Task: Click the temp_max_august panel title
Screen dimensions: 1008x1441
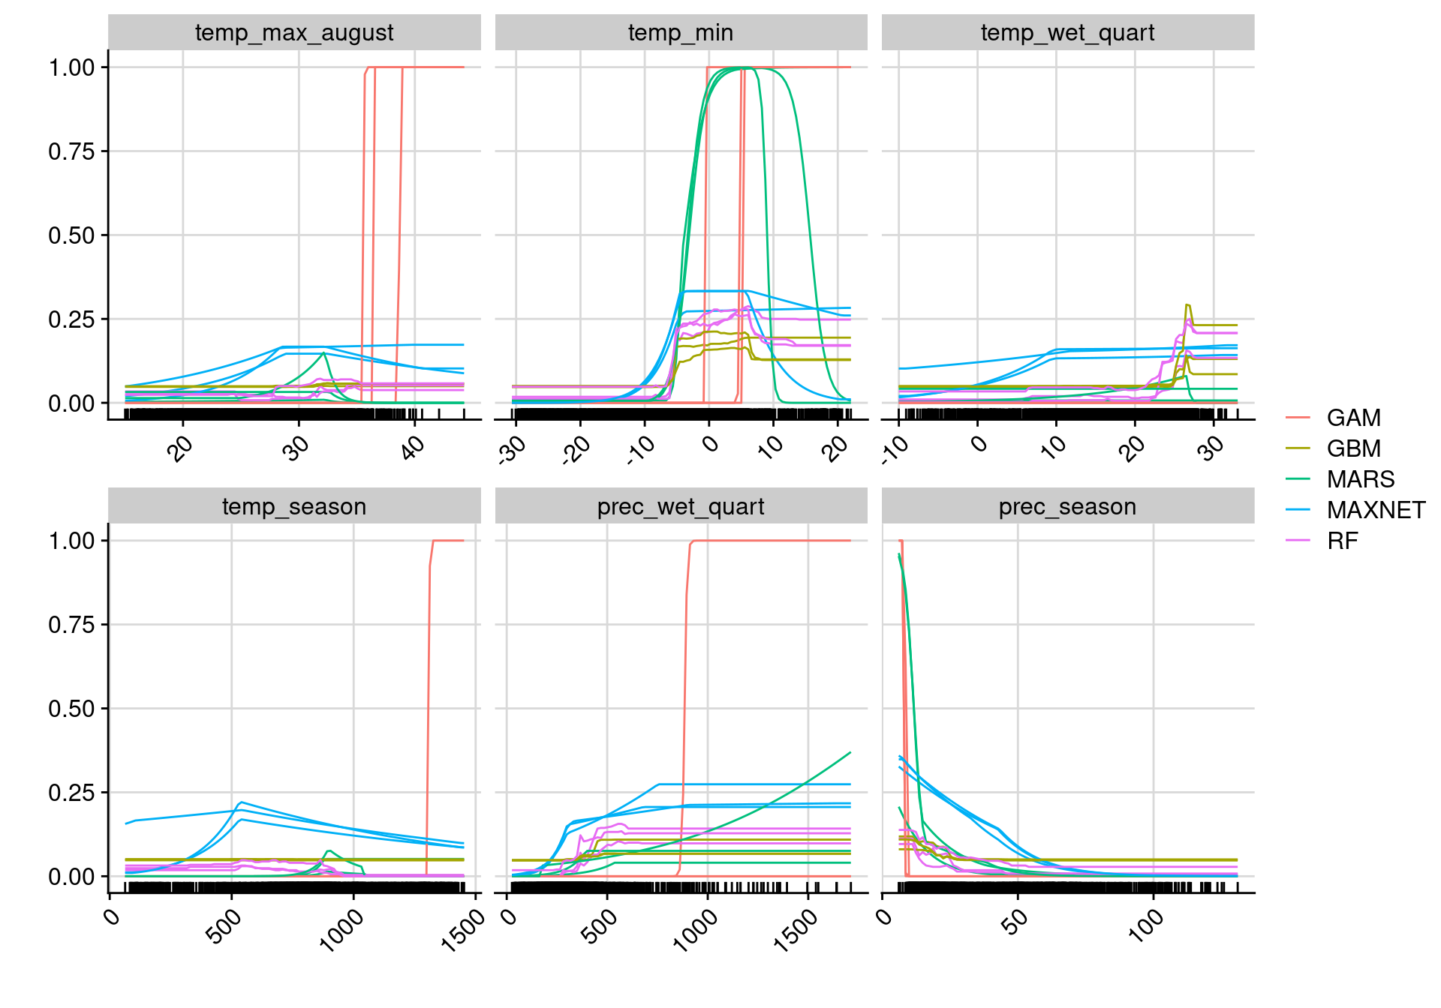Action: tap(294, 33)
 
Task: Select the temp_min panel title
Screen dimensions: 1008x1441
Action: tap(681, 33)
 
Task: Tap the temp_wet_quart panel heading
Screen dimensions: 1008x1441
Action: tap(1067, 33)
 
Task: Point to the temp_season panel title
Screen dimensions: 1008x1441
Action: tap(294, 507)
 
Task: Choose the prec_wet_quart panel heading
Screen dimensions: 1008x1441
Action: tap(681, 507)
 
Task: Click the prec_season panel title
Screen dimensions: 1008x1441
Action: tap(1067, 507)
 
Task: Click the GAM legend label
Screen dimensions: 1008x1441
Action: tap(1353, 418)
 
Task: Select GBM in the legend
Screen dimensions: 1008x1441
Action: tap(1353, 448)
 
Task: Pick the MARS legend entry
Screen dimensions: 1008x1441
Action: tap(1360, 479)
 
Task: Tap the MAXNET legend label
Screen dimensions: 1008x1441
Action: tap(1376, 510)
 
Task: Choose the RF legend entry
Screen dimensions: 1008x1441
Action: tap(1342, 541)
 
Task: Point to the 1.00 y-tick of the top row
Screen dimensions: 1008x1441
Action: tap(72, 67)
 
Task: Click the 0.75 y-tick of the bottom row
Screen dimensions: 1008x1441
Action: tap(72, 625)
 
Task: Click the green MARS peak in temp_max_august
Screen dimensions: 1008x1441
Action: tap(323, 352)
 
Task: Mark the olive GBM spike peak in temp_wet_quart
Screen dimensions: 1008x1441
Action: tap(1187, 304)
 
